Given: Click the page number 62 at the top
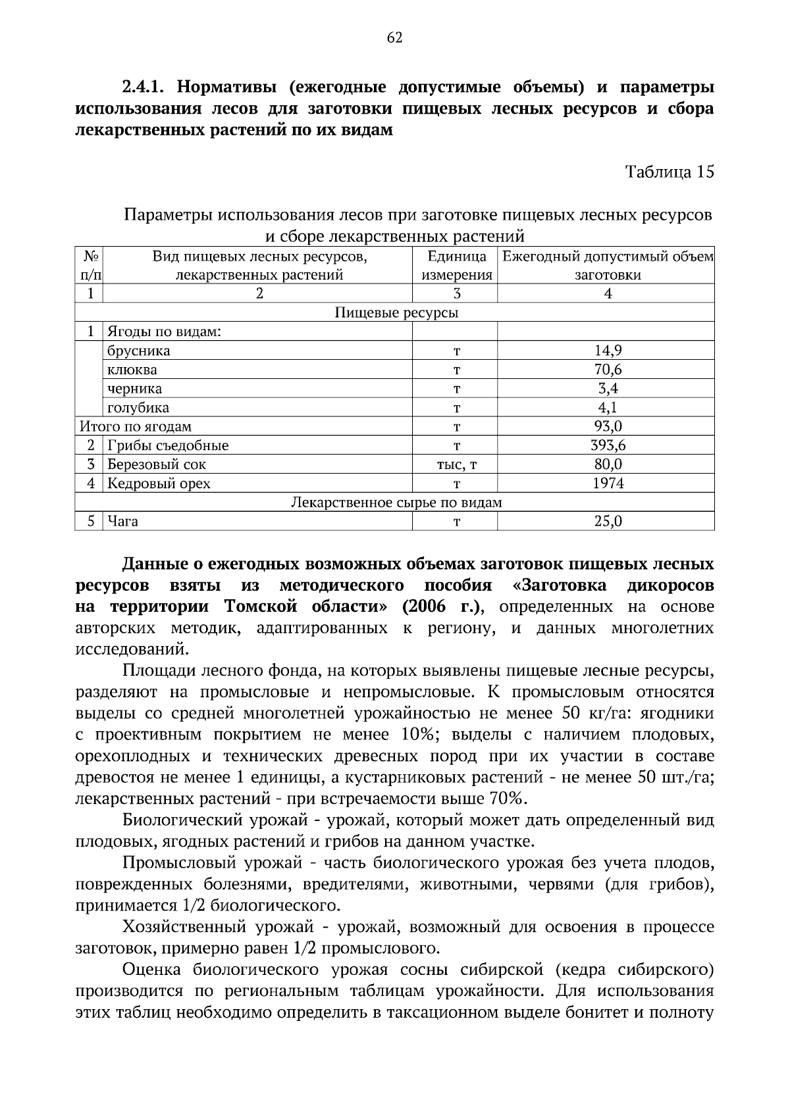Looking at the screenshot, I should click(394, 37).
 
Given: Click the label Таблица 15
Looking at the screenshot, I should click(669, 172).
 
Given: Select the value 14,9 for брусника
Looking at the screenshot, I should click(608, 351).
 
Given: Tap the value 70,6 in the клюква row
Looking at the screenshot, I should click(608, 370).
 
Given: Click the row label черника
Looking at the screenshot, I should click(135, 389).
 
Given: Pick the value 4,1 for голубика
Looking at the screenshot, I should click(608, 408).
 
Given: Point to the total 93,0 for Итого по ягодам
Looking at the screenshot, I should click(608, 426).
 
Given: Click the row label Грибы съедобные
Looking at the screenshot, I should click(169, 445).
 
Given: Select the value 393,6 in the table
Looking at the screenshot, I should click(608, 445).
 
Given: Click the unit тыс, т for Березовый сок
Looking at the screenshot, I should click(456, 465).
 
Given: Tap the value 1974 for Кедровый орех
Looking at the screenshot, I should click(608, 484).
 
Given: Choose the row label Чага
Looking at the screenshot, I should click(123, 522).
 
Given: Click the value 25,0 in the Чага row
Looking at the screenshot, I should click(608, 522).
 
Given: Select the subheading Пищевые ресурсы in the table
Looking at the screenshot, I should click(396, 312).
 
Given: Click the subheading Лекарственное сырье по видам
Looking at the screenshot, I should click(396, 503).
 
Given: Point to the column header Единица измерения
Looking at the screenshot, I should click(456, 266).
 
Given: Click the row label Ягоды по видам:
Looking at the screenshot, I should click(164, 332).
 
